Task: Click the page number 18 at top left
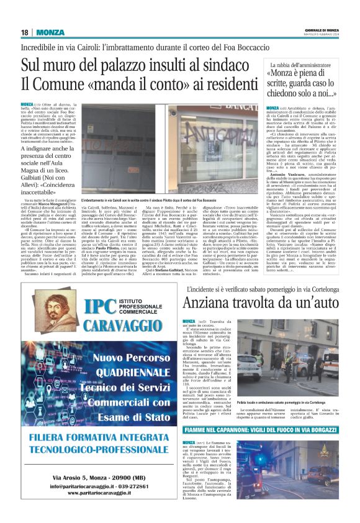[25, 32]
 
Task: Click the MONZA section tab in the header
[50, 32]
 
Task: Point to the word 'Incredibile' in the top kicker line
[39, 47]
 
